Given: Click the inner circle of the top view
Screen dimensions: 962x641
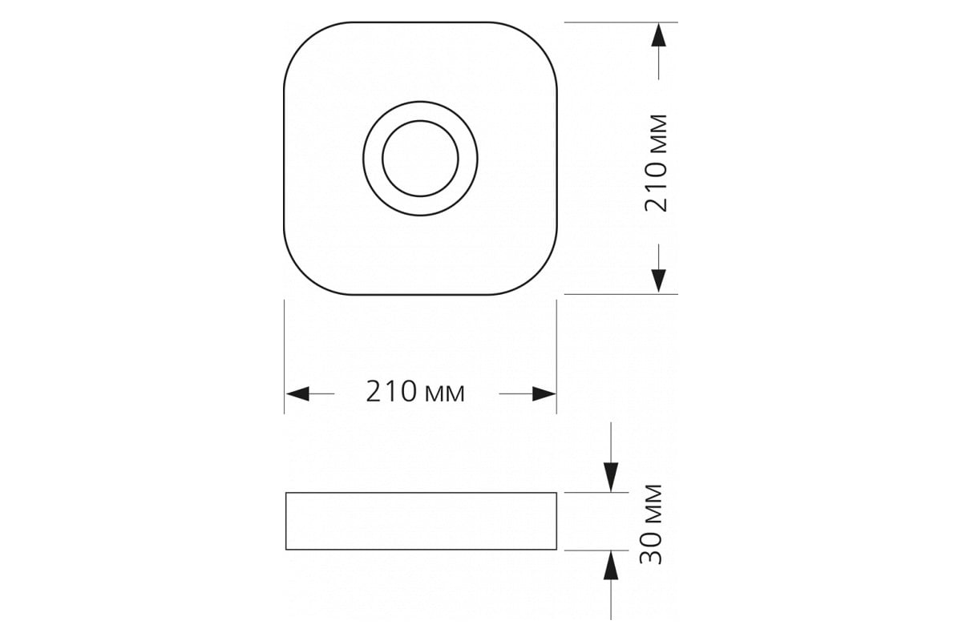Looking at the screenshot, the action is [420, 121].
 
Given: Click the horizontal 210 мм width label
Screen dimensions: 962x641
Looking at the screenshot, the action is [415, 392].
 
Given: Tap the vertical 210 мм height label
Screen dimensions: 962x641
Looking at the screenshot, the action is [656, 163].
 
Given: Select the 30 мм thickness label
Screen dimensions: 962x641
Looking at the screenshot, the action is [651, 523].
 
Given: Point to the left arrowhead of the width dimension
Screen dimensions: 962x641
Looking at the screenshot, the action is [297, 393].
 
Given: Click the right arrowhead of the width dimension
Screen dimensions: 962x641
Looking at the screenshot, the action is [544, 393].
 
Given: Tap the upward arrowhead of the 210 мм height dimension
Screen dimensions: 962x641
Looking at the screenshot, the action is [659, 34].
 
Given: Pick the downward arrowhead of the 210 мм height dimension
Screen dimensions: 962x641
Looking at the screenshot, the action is [659, 281].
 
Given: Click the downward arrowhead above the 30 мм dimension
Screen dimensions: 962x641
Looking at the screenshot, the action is [611, 477].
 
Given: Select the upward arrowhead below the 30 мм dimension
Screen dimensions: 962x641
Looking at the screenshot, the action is [611, 565].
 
